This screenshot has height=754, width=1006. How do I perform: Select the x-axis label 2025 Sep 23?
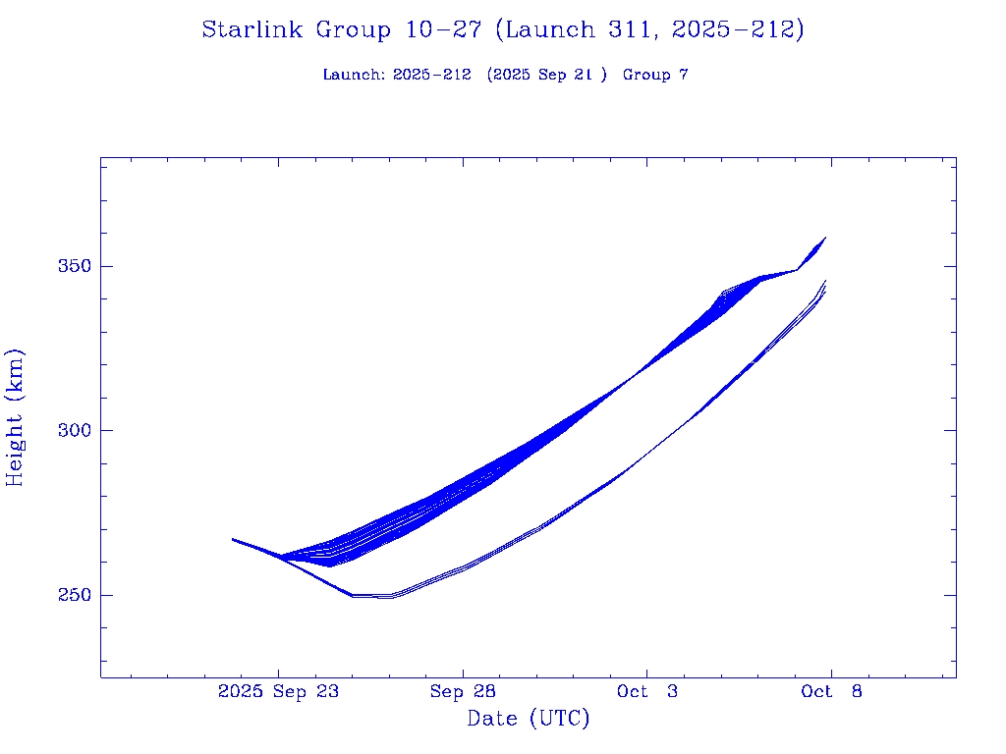[278, 692]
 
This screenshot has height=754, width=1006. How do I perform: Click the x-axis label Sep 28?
[463, 692]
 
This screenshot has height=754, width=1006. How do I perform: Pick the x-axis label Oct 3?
[646, 692]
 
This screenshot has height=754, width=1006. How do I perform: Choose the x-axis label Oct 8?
[831, 692]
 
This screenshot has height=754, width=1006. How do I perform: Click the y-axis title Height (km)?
[15, 417]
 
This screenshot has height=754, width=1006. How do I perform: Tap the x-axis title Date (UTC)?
[529, 720]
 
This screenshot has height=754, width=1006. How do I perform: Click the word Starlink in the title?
[253, 30]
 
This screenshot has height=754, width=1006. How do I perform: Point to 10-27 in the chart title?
[443, 30]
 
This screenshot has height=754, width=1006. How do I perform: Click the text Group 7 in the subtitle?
[655, 76]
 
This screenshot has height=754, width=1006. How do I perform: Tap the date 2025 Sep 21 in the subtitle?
[547, 76]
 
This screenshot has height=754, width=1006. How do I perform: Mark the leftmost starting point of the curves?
[233, 539]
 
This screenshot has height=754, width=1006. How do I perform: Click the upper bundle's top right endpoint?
[825, 238]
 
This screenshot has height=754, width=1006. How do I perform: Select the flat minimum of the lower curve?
[373, 596]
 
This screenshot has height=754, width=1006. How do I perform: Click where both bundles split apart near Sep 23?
[281, 558]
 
